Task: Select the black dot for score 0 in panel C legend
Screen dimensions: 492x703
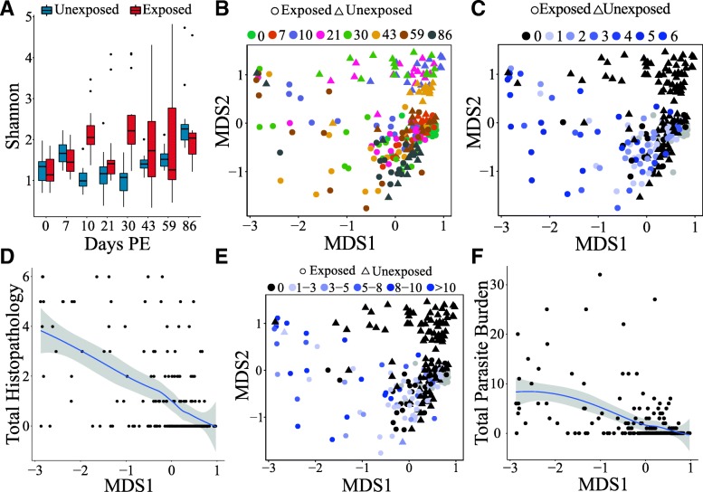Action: [x=525, y=35]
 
